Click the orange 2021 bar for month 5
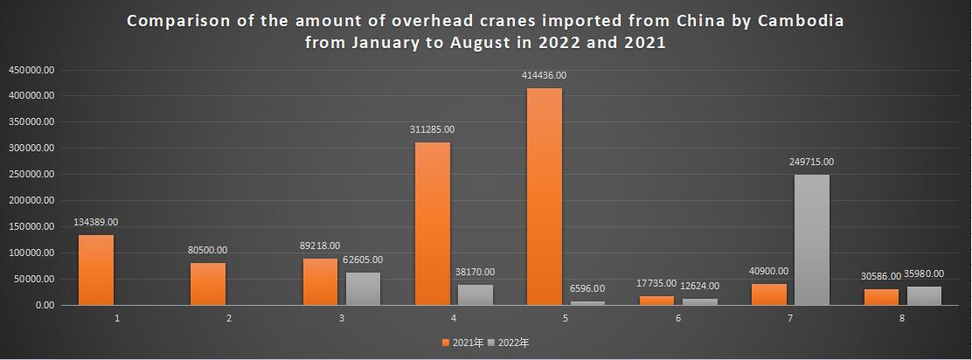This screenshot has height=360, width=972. coord(545,197)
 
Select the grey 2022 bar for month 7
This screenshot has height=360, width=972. coord(812,239)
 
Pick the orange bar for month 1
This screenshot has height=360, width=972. coord(96,270)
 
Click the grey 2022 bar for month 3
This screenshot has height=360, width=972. coord(363,288)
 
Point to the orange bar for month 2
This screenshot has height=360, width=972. coord(209,284)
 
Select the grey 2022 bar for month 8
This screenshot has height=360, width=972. coord(924,295)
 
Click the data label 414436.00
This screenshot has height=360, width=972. coord(545,76)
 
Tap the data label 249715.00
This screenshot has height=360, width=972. coord(812,162)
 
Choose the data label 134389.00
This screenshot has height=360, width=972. coord(96,222)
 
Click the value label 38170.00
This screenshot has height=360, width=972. coord(476,272)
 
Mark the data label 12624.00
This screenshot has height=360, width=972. coord(700,285)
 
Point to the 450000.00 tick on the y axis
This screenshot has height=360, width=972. coord(32,69)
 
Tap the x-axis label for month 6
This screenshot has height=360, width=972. coord(678,318)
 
